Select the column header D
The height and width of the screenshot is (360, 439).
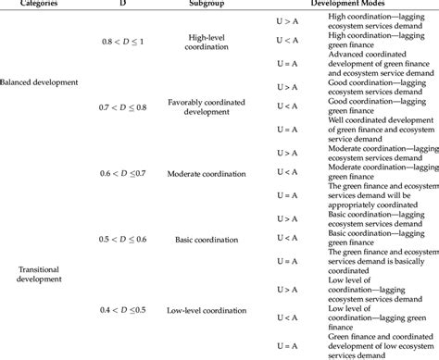123,6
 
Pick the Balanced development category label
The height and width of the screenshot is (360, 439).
39,81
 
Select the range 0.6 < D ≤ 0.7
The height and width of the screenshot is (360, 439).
123,173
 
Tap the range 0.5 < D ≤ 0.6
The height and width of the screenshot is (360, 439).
123,240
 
